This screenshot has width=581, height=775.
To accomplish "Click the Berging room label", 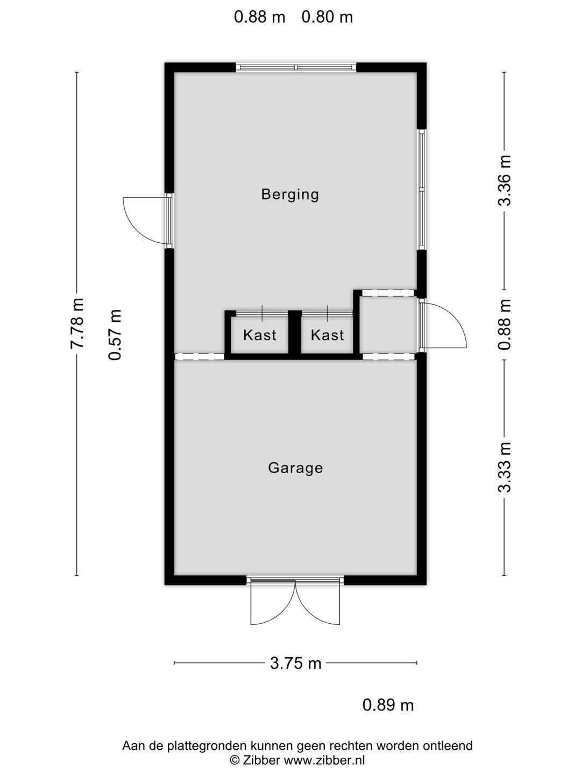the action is [x=290, y=194].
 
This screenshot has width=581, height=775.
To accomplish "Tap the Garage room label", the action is [x=295, y=468].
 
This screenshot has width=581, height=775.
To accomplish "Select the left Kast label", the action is [x=260, y=335].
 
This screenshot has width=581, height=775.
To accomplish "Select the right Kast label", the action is [x=328, y=335].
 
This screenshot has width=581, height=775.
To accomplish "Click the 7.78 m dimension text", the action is [x=77, y=323].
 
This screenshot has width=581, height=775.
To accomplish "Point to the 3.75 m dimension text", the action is [x=296, y=663].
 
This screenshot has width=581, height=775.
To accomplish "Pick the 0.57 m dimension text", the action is [x=115, y=335].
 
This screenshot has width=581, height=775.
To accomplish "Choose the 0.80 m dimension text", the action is [x=327, y=17].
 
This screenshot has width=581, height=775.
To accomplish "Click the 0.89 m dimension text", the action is [x=388, y=706].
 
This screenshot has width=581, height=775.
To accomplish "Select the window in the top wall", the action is [x=296, y=67].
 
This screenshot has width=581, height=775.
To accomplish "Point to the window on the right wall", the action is [x=422, y=189].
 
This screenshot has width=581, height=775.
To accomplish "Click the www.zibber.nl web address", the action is [x=324, y=759].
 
